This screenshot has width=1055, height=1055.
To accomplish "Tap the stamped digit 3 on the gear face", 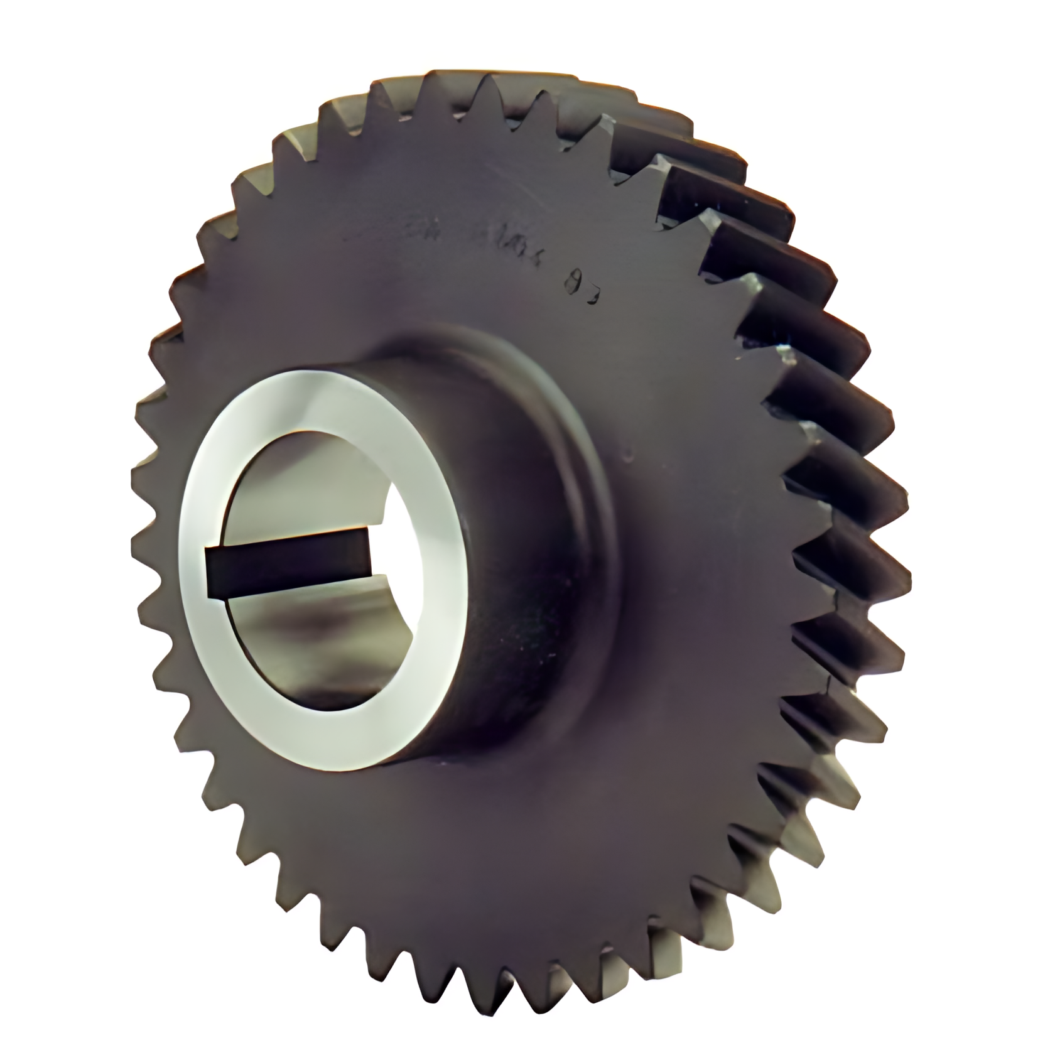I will click(593, 295).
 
